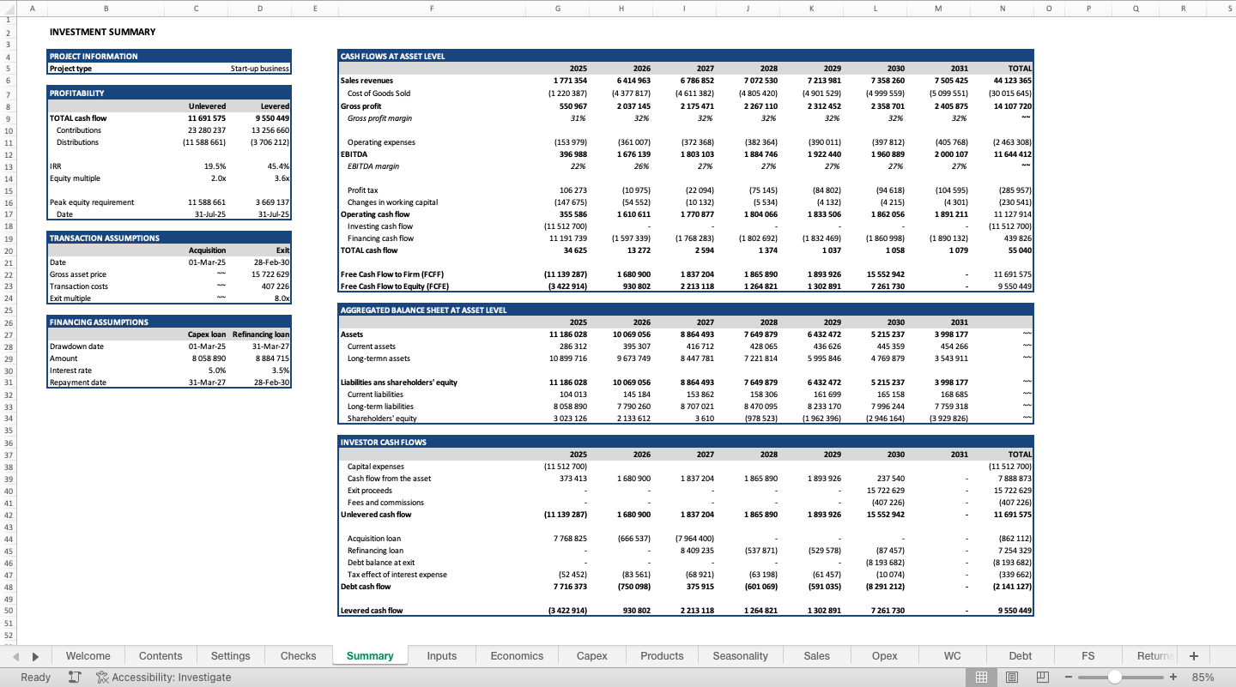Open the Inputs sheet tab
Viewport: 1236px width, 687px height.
pos(441,655)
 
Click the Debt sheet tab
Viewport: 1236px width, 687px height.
pos(1020,655)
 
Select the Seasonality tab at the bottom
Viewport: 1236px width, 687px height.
pos(740,655)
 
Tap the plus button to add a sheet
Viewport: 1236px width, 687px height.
pos(1193,655)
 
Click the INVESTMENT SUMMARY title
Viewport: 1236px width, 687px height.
pos(103,32)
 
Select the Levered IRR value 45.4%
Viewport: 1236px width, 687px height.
pos(278,166)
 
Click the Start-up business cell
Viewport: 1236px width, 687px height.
pos(259,69)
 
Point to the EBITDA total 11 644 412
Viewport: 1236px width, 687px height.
pos(1013,154)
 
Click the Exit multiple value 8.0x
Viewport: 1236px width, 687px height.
pos(282,298)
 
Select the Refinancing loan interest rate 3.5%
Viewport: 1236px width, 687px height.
pos(281,371)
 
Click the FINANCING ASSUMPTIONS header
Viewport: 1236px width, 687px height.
pos(99,322)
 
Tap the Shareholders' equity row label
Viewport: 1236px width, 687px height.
pos(382,419)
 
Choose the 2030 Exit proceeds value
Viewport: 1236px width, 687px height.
pos(888,491)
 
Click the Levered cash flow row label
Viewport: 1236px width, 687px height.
pos(372,611)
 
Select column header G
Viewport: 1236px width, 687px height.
pos(558,9)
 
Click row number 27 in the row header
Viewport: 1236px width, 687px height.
pos(9,334)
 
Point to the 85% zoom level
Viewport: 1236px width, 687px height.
pos(1203,677)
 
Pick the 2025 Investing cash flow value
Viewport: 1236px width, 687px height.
pos(566,226)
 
